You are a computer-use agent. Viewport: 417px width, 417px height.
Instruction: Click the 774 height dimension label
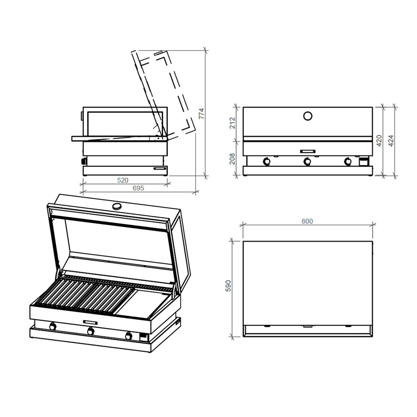pyautogui.click(x=201, y=113)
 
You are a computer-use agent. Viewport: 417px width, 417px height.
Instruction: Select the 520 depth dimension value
pyautogui.click(x=123, y=180)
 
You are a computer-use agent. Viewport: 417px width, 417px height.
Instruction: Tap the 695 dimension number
pyautogui.click(x=138, y=188)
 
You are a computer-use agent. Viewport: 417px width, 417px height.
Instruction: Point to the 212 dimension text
pyautogui.click(x=232, y=123)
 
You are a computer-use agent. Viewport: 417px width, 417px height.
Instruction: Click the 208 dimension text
pyautogui.click(x=232, y=159)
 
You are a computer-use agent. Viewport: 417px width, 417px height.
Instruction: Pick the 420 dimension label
pyautogui.click(x=379, y=141)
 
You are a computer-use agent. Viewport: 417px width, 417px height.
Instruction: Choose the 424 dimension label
pyautogui.click(x=391, y=141)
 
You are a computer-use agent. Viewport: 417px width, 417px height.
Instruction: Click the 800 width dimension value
pyautogui.click(x=307, y=221)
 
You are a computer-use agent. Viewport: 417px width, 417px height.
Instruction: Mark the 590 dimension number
pyautogui.click(x=228, y=286)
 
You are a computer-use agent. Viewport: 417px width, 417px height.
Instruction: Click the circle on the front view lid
pyautogui.click(x=308, y=116)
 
